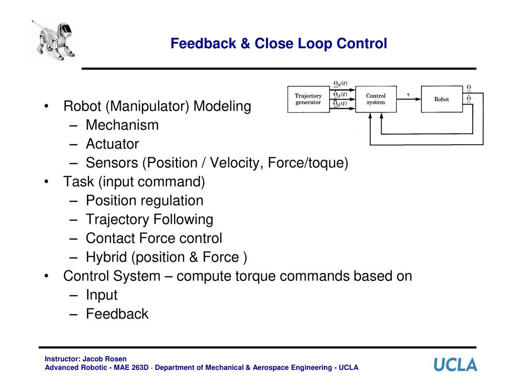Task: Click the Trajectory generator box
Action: point(308,100)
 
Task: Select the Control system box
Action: point(376,99)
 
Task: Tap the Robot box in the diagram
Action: point(442,99)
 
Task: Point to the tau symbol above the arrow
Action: point(408,95)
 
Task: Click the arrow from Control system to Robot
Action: point(409,99)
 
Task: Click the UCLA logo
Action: point(455,365)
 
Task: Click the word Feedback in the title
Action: point(203,43)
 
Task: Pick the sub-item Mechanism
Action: point(122,125)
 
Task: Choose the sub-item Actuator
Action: point(112,144)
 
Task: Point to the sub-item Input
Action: point(102,295)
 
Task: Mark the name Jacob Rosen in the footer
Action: point(105,359)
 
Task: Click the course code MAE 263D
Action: point(131,367)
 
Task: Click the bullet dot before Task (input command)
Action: point(47,181)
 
